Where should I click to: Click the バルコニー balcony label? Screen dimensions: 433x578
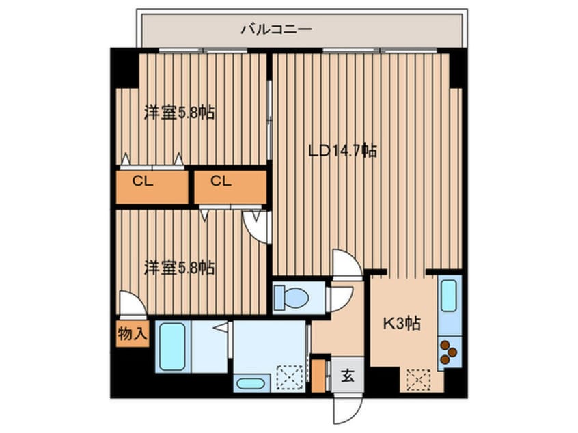click(276, 29)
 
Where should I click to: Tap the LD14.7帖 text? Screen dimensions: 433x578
click(342, 151)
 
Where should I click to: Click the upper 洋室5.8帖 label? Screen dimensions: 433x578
click(179, 113)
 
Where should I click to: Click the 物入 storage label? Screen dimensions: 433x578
click(131, 335)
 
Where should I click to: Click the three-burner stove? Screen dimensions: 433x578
click(449, 352)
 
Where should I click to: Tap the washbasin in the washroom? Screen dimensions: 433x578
click(252, 383)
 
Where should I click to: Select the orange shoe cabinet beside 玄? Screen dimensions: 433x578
click(316, 374)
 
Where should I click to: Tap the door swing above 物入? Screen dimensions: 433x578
click(131, 304)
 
